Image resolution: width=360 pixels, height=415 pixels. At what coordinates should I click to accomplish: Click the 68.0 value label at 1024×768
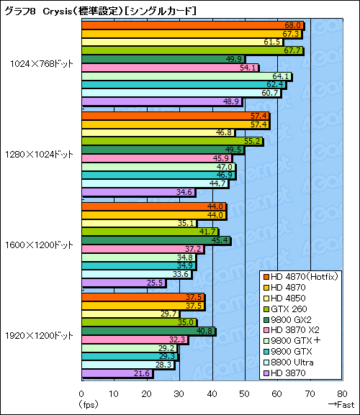coord(292,25)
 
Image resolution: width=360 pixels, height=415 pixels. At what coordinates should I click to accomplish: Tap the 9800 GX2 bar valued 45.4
coord(156,240)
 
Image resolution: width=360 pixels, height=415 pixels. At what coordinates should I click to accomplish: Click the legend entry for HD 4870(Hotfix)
coord(302,276)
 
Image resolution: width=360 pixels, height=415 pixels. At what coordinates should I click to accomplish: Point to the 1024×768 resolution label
coord(42,63)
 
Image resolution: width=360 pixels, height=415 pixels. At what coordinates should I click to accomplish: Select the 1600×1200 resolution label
coord(42,244)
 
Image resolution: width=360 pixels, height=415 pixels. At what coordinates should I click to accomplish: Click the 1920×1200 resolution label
coord(42,335)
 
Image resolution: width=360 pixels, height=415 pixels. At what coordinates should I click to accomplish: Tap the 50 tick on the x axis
coord(244,393)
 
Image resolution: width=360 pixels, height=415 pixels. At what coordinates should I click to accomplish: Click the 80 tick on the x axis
coord(342,393)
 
